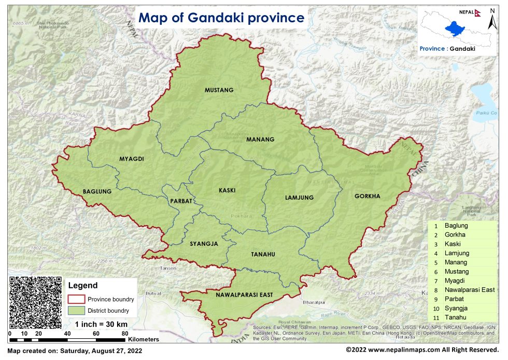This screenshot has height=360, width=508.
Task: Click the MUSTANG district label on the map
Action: point(219,90)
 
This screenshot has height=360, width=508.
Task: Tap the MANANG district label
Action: point(260,140)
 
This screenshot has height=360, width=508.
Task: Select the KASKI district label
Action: point(227,190)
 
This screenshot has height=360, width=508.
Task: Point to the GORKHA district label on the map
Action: point(367,197)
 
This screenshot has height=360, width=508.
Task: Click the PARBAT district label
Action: point(181,201)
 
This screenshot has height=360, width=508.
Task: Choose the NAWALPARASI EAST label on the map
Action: point(244,295)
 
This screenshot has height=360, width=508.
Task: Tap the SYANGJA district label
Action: point(203,243)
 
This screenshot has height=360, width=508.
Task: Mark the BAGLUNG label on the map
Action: point(97,192)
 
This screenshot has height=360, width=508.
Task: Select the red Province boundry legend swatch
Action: point(76,299)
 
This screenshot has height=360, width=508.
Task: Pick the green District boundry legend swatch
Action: point(76,311)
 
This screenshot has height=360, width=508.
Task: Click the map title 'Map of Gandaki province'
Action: point(221,18)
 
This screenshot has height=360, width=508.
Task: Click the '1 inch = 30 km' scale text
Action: point(101,325)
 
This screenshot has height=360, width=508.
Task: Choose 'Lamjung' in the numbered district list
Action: point(457,253)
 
